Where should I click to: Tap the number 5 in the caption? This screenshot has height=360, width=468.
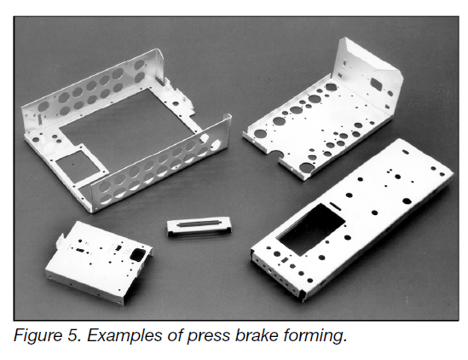coord(73,335)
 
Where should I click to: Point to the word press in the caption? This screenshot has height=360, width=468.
coord(209,337)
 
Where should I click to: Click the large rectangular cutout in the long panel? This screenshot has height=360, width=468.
coord(311,229)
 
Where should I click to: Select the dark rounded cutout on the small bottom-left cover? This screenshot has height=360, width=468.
coord(137,253)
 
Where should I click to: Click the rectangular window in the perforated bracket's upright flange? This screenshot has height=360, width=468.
coord(378,83)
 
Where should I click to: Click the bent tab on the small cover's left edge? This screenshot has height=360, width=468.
coord(61,241)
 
